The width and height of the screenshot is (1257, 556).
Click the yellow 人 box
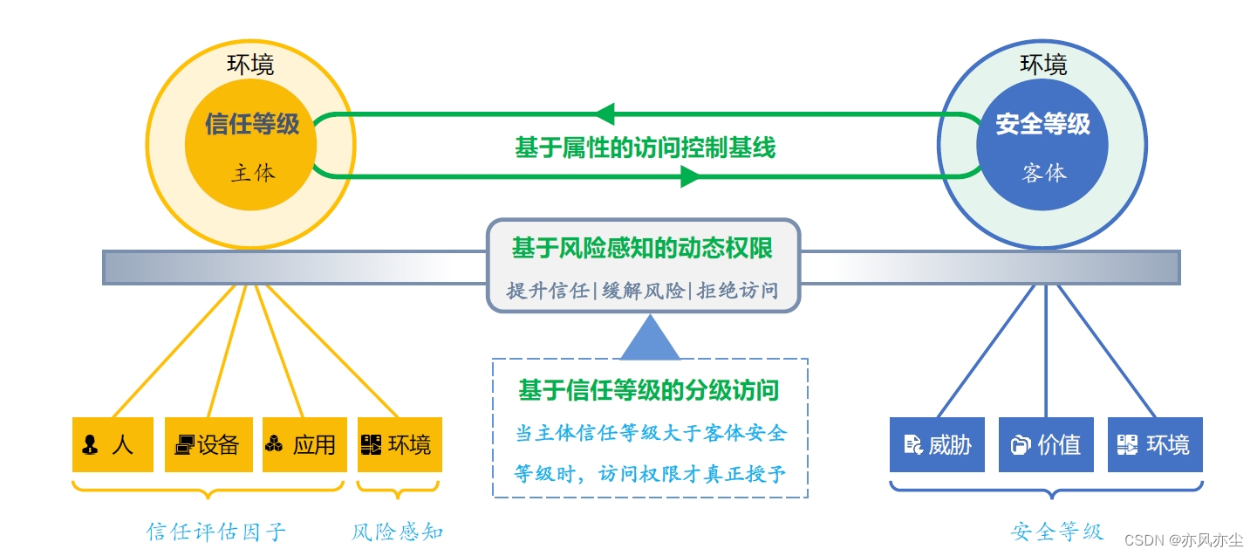(113, 444)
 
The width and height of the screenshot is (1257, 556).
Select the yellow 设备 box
(208, 444)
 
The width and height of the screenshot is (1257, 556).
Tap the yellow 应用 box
(304, 444)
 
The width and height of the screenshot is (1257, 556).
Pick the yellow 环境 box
(399, 444)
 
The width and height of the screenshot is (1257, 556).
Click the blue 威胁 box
(937, 444)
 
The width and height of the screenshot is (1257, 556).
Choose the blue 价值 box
(1045, 444)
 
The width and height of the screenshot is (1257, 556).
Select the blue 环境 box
(1155, 444)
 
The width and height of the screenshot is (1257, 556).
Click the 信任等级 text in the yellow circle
(252, 124)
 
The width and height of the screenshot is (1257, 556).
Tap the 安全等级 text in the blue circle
(1042, 124)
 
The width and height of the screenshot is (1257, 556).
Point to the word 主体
(253, 173)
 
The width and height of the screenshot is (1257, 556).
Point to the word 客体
(1044, 173)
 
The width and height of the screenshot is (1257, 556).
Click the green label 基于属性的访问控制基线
(645, 148)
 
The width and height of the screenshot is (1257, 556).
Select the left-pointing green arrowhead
(605, 113)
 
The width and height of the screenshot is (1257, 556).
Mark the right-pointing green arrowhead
(690, 177)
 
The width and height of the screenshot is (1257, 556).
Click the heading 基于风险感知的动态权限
(642, 249)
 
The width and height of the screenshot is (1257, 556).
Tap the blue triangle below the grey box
(649, 340)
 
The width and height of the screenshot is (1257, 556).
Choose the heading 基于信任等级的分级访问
(649, 389)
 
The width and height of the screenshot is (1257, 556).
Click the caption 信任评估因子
(216, 531)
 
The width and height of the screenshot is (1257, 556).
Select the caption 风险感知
(398, 531)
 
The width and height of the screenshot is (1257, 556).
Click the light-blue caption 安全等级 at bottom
(1057, 531)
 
